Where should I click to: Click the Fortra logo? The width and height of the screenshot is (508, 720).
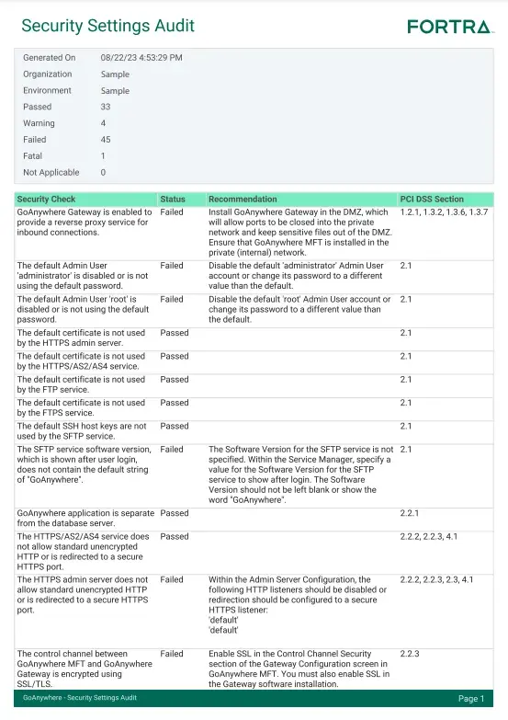[449, 27]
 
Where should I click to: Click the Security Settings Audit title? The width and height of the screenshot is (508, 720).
[107, 26]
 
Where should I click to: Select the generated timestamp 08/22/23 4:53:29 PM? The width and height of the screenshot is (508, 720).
[141, 58]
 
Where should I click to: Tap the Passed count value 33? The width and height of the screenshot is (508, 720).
[106, 107]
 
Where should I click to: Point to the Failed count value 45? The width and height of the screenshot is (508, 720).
[106, 140]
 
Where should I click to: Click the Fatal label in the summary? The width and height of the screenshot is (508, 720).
[33, 156]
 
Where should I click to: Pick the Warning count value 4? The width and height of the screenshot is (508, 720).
[103, 123]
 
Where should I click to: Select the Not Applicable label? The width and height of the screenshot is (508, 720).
[51, 173]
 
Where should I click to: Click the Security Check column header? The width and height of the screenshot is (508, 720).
[46, 200]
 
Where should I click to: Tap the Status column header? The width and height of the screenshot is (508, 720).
[173, 200]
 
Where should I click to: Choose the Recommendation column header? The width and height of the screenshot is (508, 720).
[243, 200]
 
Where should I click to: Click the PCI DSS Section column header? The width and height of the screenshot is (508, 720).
[432, 200]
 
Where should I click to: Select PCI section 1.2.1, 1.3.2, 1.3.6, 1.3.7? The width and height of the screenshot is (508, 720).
[444, 212]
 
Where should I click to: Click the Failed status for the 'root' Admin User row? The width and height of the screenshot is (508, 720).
[172, 300]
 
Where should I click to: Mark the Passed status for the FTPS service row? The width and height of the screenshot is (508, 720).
[175, 403]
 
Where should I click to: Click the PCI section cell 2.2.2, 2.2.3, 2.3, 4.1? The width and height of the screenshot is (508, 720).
[436, 580]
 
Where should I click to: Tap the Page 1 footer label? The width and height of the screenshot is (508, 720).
[470, 699]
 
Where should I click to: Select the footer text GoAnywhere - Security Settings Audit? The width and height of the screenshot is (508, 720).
[80, 699]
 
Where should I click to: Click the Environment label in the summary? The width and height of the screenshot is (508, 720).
[47, 91]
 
